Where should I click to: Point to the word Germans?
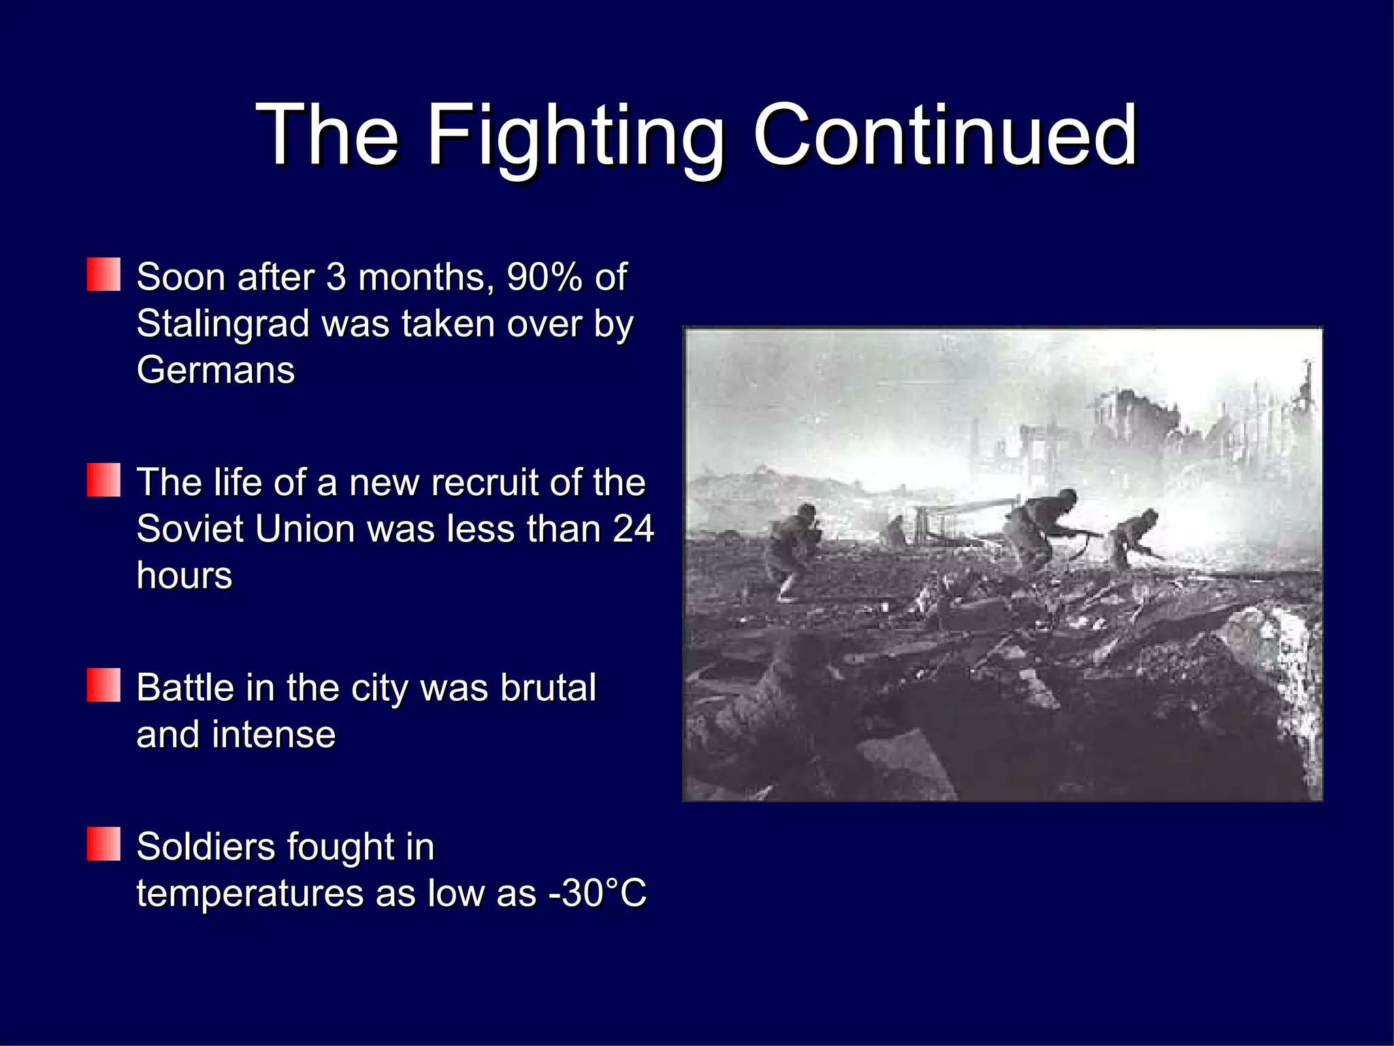[x=215, y=370]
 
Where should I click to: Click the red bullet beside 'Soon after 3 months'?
[x=103, y=274]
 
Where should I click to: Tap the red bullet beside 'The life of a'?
[x=103, y=480]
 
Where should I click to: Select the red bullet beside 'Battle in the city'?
[x=103, y=685]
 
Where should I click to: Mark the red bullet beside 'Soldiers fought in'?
[x=103, y=844]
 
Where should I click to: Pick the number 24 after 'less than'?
[x=633, y=529]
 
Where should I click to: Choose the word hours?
[x=184, y=576]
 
